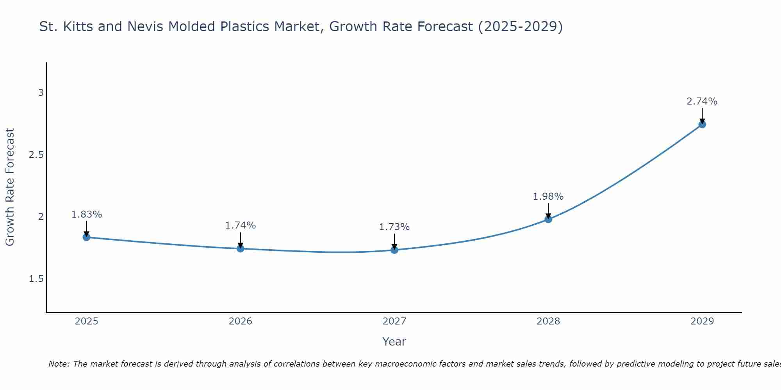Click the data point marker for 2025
[x=87, y=237]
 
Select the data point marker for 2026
[x=241, y=248]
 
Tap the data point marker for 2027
[x=394, y=250]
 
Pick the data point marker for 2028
[x=548, y=219]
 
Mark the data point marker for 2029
[x=702, y=124]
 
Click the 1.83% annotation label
[x=87, y=214]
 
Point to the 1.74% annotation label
[x=241, y=225]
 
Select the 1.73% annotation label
[x=394, y=227]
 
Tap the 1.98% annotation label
[x=548, y=197]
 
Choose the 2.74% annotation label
[x=702, y=101]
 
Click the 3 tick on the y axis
[x=41, y=93]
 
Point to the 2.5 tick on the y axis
[x=36, y=155]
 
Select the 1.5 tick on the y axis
[x=36, y=279]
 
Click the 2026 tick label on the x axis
[x=241, y=321]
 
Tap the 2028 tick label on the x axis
[x=548, y=321]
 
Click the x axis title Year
[x=394, y=342]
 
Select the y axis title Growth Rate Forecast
[x=10, y=187]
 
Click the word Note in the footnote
[x=59, y=364]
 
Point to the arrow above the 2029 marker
[x=702, y=115]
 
